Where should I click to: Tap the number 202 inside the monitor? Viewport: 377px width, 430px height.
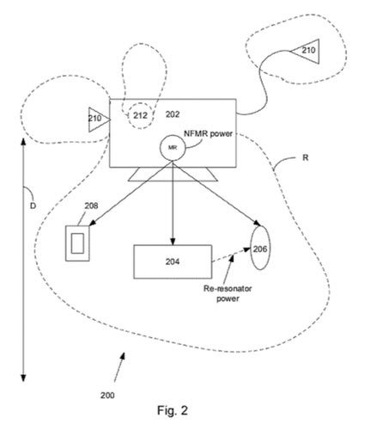pyautogui.click(x=173, y=114)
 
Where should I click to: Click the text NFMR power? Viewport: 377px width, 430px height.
pyautogui.click(x=208, y=133)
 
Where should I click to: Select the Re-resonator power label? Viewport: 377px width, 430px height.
pyautogui.click(x=228, y=293)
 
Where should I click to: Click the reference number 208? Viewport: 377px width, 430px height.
pyautogui.click(x=91, y=206)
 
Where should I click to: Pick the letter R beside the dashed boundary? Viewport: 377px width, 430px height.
pyautogui.click(x=306, y=157)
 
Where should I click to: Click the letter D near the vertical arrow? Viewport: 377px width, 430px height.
pyautogui.click(x=33, y=206)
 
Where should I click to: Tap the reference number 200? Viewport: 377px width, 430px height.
pyautogui.click(x=107, y=396)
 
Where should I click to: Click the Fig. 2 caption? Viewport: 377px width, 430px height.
pyautogui.click(x=173, y=410)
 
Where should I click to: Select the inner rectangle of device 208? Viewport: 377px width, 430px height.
pyautogui.click(x=77, y=243)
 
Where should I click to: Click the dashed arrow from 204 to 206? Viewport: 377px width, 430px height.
pyautogui.click(x=231, y=255)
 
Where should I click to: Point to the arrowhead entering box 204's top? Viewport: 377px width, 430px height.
pyautogui.click(x=173, y=242)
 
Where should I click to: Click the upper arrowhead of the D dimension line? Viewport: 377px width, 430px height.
pyautogui.click(x=23, y=141)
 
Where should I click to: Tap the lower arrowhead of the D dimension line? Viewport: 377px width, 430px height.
pyautogui.click(x=23, y=378)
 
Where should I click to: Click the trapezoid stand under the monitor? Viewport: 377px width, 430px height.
pyautogui.click(x=173, y=175)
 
